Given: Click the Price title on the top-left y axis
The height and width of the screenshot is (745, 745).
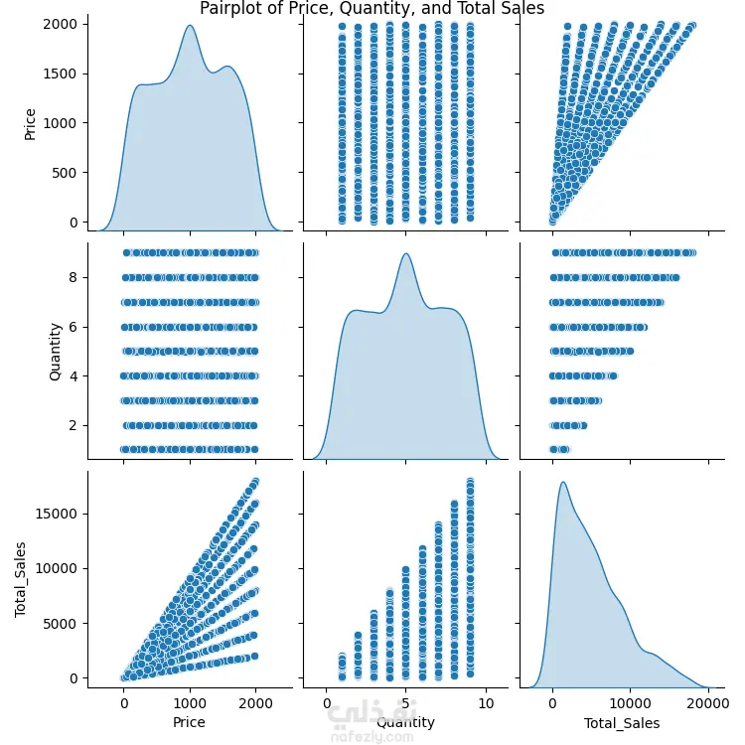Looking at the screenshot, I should (x=30, y=123).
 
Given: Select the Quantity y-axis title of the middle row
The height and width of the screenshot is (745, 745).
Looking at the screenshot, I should (x=56, y=351).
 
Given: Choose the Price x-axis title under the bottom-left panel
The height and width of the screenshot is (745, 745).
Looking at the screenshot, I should (x=189, y=722).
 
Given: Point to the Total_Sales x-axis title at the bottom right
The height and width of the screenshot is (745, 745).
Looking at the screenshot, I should (x=620, y=722).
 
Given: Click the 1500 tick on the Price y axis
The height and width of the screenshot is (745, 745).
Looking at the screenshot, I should (x=67, y=74).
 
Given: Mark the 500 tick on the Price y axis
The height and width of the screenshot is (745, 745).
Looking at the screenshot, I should (x=71, y=172).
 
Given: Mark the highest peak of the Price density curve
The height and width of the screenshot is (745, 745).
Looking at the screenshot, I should (x=189, y=26).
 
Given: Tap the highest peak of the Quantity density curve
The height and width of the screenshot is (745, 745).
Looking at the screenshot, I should (x=405, y=254).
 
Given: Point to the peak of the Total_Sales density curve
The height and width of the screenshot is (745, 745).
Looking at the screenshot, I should (x=563, y=483).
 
